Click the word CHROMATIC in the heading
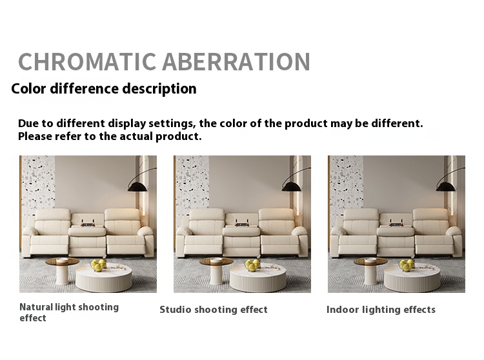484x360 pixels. pyautogui.click(x=87, y=62)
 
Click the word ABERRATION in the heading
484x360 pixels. pyautogui.click(x=236, y=62)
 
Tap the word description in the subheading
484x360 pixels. pyautogui.click(x=159, y=89)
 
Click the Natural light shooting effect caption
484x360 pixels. pyautogui.click(x=69, y=312)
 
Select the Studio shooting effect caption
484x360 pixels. pyautogui.click(x=214, y=310)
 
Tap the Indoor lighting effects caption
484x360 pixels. pyautogui.click(x=381, y=310)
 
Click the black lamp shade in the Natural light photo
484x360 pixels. pyautogui.click(x=137, y=186)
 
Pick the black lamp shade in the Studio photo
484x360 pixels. pyautogui.click(x=292, y=186)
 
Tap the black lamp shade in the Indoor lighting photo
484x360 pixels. pyautogui.click(x=445, y=186)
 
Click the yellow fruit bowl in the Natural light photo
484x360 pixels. pyautogui.click(x=99, y=265)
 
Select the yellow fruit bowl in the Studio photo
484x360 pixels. pyautogui.click(x=252, y=265)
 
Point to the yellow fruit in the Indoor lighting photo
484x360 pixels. pyautogui.click(x=407, y=265)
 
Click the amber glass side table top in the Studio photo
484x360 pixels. pyautogui.click(x=216, y=261)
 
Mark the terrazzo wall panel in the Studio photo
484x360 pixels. pyautogui.click(x=192, y=185)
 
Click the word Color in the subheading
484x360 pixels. pyautogui.click(x=28, y=88)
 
